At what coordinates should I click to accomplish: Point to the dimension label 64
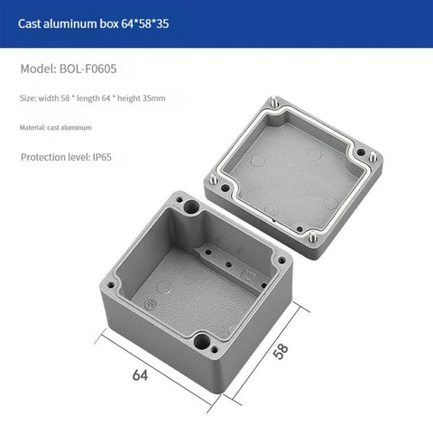coord(141,373)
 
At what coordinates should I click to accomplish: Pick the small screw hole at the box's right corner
coord(284,261)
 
